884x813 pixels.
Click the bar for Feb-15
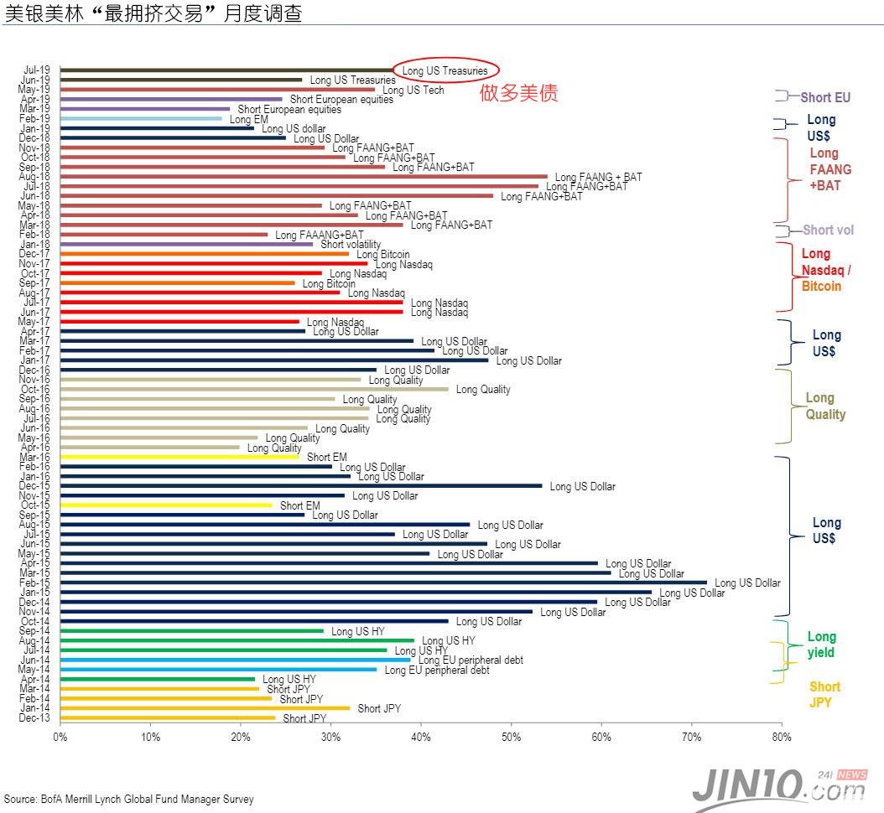[x=383, y=583]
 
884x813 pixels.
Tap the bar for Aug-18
[x=304, y=177]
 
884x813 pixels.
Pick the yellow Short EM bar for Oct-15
[x=166, y=505]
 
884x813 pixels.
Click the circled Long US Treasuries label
[x=445, y=70]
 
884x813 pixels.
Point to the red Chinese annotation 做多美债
[x=518, y=93]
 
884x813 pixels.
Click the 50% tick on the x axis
[x=511, y=738]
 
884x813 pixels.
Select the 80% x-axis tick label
[x=781, y=738]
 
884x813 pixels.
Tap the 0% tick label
[x=60, y=738]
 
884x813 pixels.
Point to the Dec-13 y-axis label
[x=37, y=718]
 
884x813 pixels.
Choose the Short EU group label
[x=825, y=97]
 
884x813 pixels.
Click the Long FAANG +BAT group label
[x=829, y=169]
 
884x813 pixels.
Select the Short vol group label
[x=829, y=230]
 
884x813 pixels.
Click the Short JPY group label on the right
[x=824, y=695]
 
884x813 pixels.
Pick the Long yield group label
[x=821, y=645]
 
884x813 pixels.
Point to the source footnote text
[x=128, y=800]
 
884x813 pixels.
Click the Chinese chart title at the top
[x=153, y=13]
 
